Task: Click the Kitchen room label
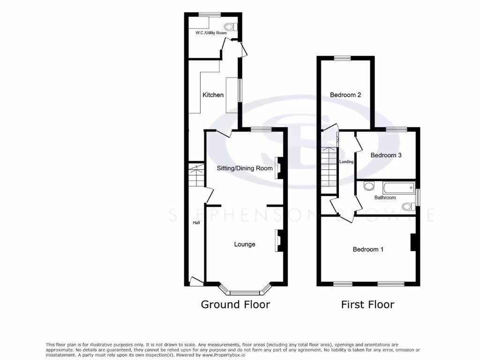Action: point(213,95)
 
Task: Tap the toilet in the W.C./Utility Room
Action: point(230,27)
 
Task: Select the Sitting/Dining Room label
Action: point(244,168)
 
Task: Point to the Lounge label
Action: point(245,244)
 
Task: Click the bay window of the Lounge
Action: point(245,292)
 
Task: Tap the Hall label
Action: point(196,223)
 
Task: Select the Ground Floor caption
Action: point(235,305)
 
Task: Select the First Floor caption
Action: point(367,305)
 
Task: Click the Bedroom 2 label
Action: point(345,95)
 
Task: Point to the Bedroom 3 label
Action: point(386,155)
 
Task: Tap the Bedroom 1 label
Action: point(368,249)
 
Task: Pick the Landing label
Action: point(346,162)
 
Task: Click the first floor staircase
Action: point(329,167)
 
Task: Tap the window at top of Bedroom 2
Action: point(342,58)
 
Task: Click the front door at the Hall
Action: point(196,281)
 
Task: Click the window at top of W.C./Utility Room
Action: point(210,15)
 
